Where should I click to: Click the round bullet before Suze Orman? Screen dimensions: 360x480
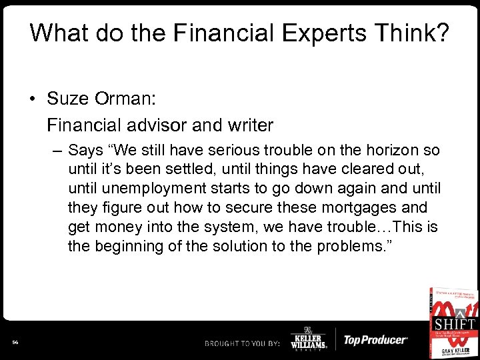pos(33,99)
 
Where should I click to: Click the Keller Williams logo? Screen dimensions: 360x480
pos(309,340)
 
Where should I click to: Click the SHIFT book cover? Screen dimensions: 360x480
pos(453,322)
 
